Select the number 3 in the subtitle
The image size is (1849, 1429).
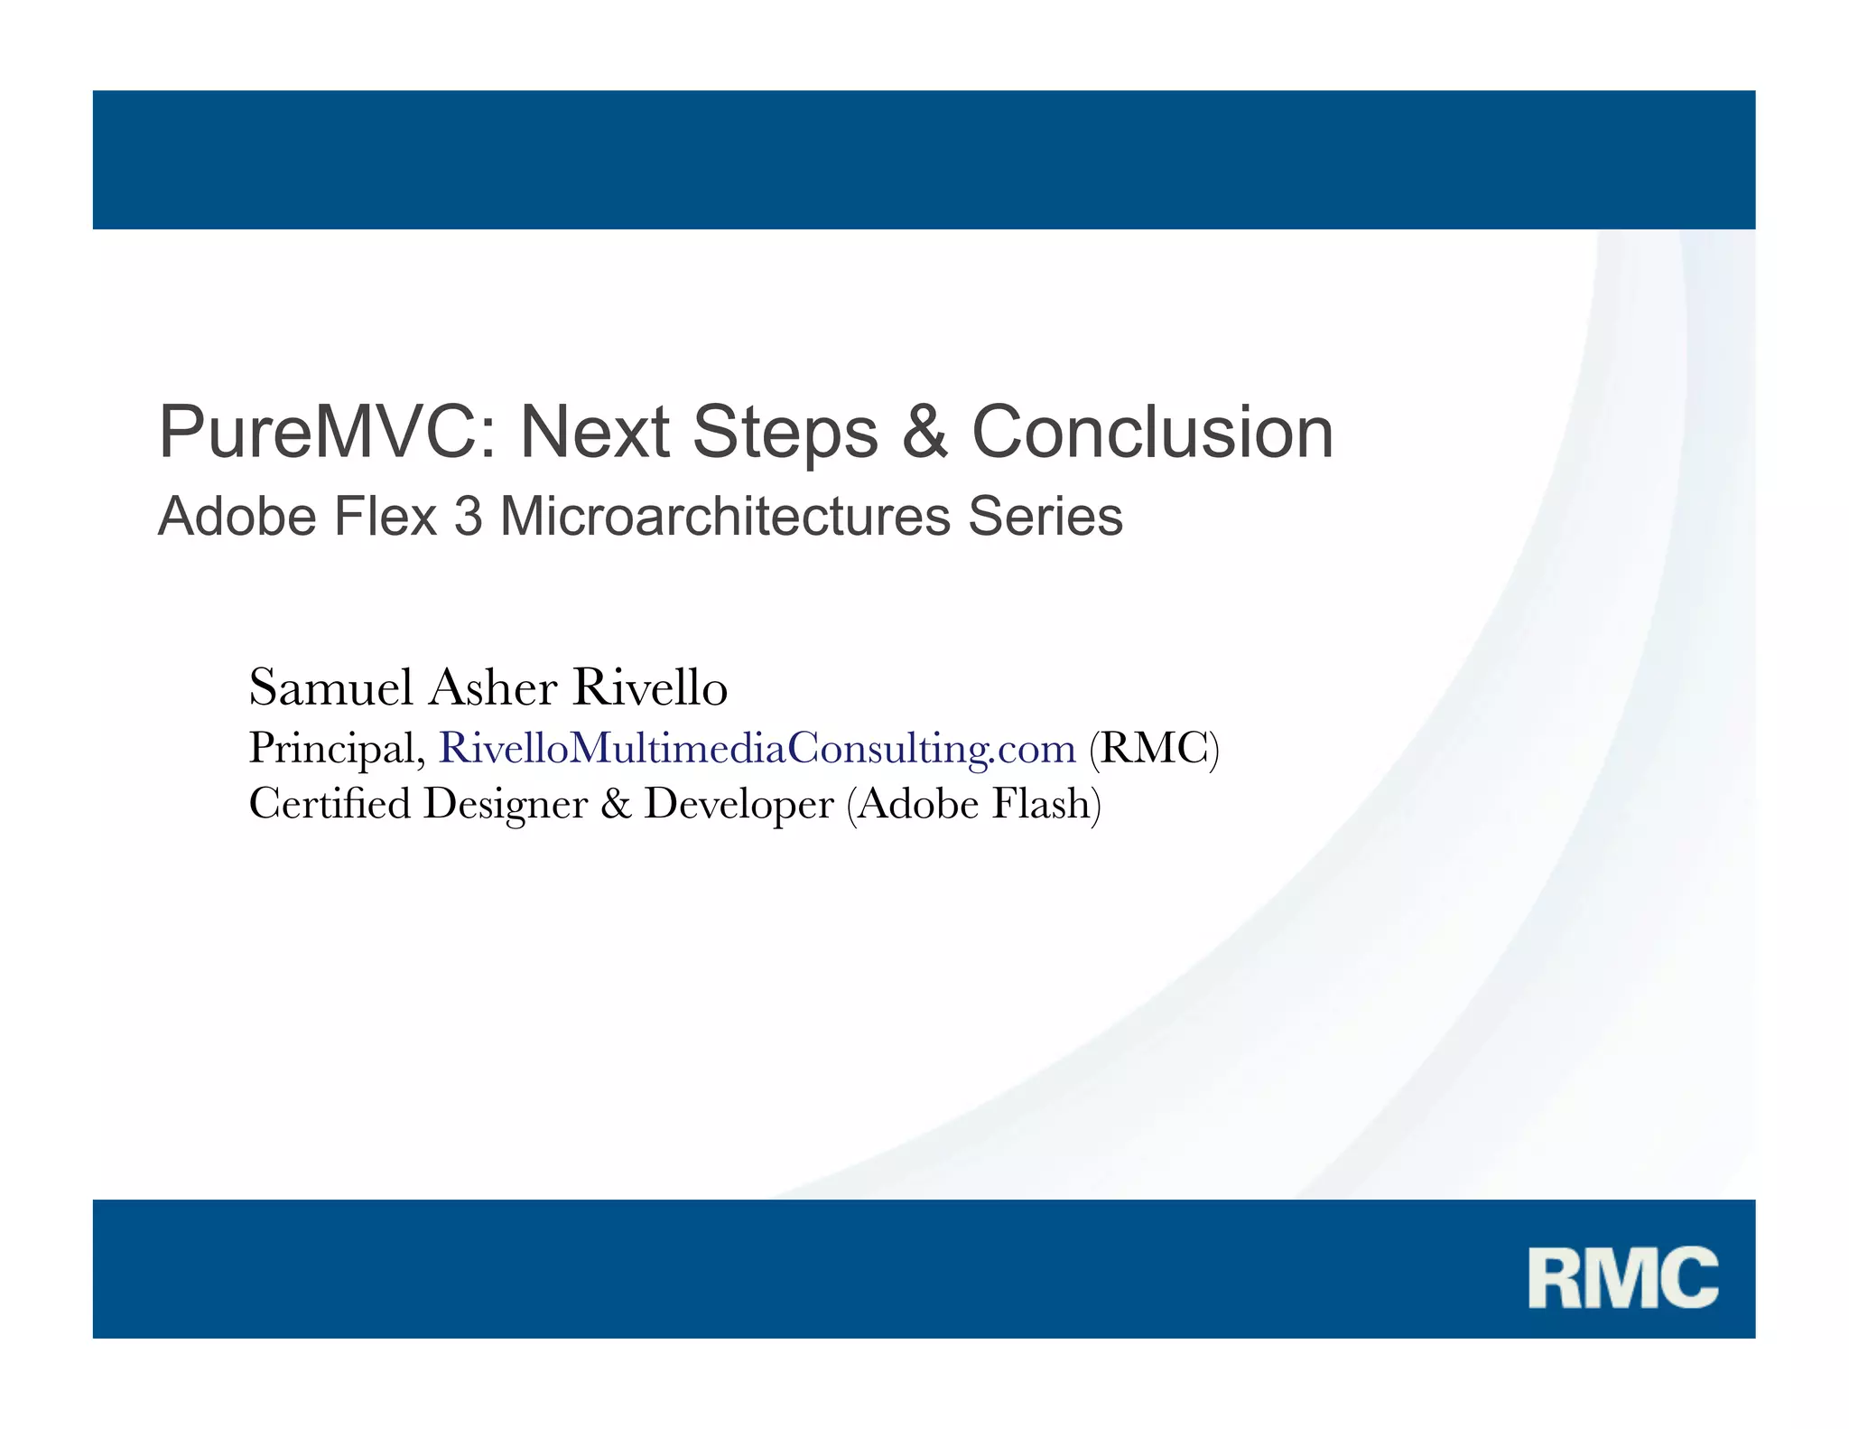(x=468, y=517)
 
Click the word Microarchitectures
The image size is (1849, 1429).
(x=724, y=517)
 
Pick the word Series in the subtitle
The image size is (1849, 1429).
(x=1045, y=517)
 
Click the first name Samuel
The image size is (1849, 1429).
(x=330, y=687)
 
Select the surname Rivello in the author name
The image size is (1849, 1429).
(x=650, y=687)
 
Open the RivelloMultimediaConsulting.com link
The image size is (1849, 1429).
(x=757, y=749)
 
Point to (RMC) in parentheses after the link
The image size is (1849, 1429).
(x=1154, y=749)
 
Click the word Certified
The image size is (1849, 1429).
(x=330, y=803)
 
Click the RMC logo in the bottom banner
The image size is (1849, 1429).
(x=1622, y=1277)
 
